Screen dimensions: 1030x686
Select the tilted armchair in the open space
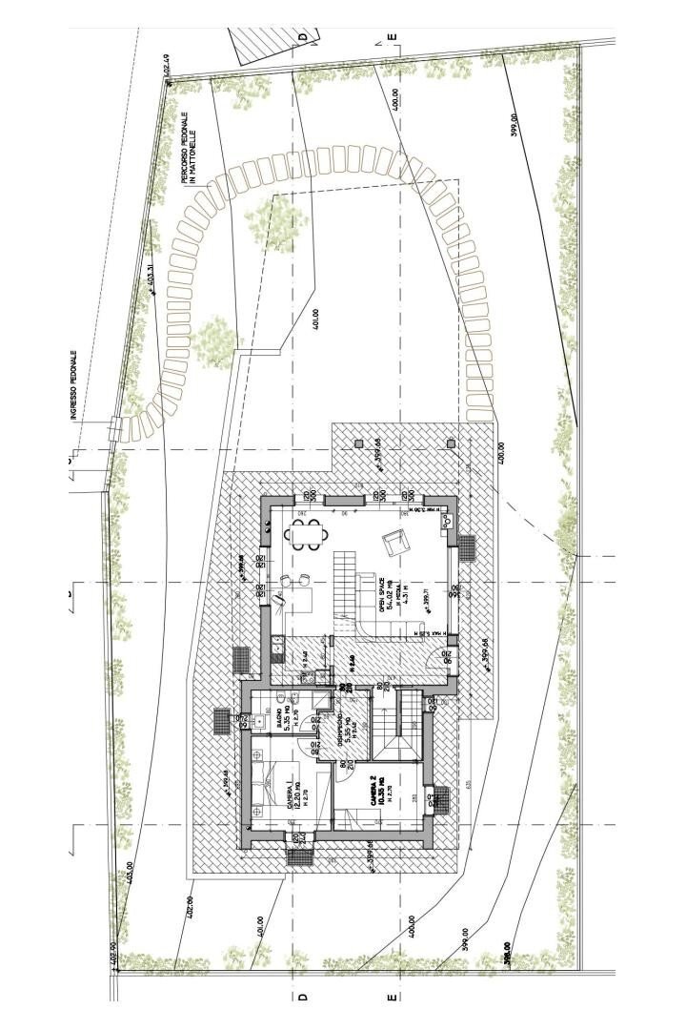(394, 545)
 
